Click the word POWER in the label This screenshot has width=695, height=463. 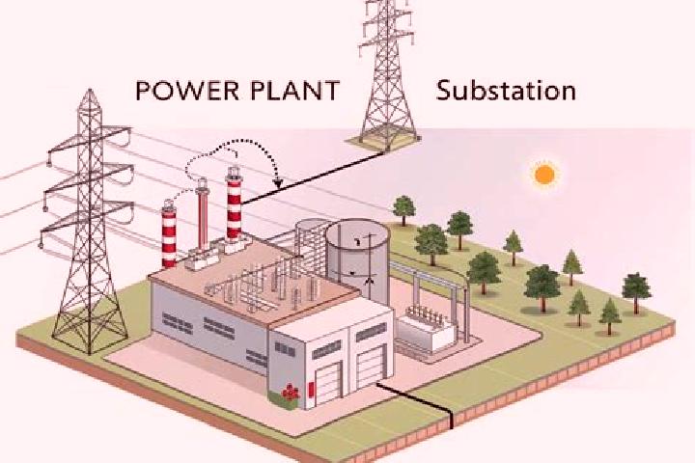coord(189,90)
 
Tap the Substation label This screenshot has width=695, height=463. coord(506,90)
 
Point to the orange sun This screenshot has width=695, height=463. coord(544,174)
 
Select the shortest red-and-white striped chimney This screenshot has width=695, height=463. coord(169,234)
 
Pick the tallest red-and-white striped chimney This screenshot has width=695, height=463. coord(234,204)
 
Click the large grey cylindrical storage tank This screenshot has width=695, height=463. coord(357,261)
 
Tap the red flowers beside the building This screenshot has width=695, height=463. coord(291,392)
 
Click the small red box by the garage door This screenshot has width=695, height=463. coord(312,389)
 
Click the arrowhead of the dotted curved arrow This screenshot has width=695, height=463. coord(278,182)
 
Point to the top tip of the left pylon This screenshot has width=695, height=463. coord(90,90)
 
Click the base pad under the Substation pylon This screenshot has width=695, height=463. coord(383,142)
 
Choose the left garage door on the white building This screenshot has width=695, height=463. coord(328,383)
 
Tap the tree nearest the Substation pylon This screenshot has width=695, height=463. coord(403,210)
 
